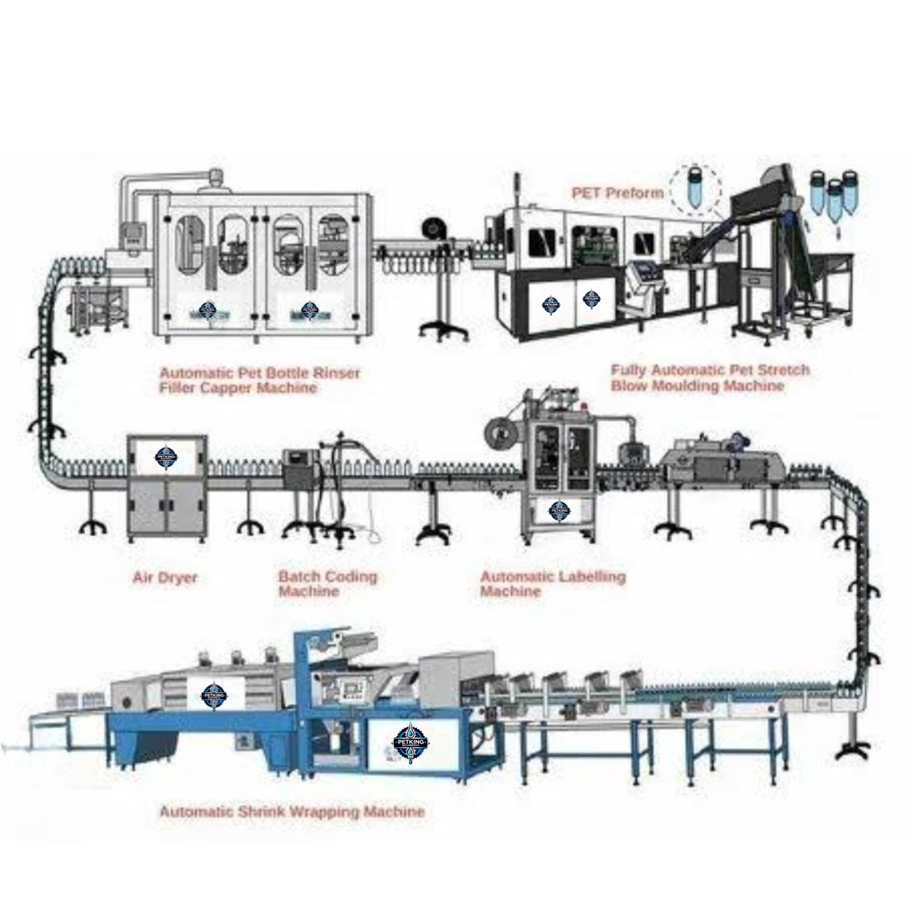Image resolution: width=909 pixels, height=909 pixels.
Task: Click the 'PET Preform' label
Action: click(x=618, y=193)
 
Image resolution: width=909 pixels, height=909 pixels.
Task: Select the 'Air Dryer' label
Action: click(x=165, y=578)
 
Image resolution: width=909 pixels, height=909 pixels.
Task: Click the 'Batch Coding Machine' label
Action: click(x=327, y=584)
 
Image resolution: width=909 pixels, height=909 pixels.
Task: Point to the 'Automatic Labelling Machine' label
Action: click(x=552, y=584)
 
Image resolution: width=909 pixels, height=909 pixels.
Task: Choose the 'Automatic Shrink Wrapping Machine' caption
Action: click(x=291, y=811)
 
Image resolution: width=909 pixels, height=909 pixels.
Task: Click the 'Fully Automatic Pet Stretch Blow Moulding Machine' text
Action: click(x=710, y=378)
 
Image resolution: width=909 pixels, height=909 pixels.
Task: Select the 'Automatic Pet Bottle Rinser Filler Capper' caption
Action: click(x=259, y=380)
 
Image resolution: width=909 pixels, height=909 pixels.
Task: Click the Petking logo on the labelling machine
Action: click(x=559, y=511)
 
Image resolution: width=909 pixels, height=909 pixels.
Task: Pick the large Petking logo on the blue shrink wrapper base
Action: click(x=411, y=743)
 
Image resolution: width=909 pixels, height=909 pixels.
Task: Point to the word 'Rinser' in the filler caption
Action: click(x=335, y=373)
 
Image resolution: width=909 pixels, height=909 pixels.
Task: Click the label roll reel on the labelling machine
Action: click(x=499, y=431)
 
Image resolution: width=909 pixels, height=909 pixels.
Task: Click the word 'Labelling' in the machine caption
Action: click(x=592, y=576)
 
